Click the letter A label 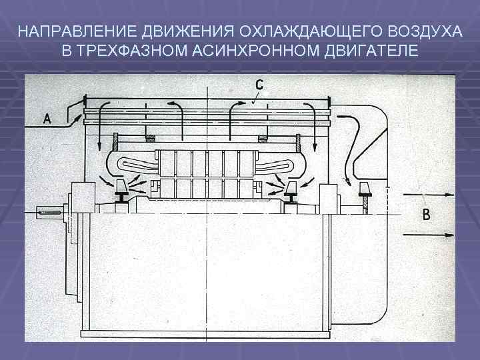47,119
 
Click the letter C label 259,85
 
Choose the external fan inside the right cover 366,190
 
